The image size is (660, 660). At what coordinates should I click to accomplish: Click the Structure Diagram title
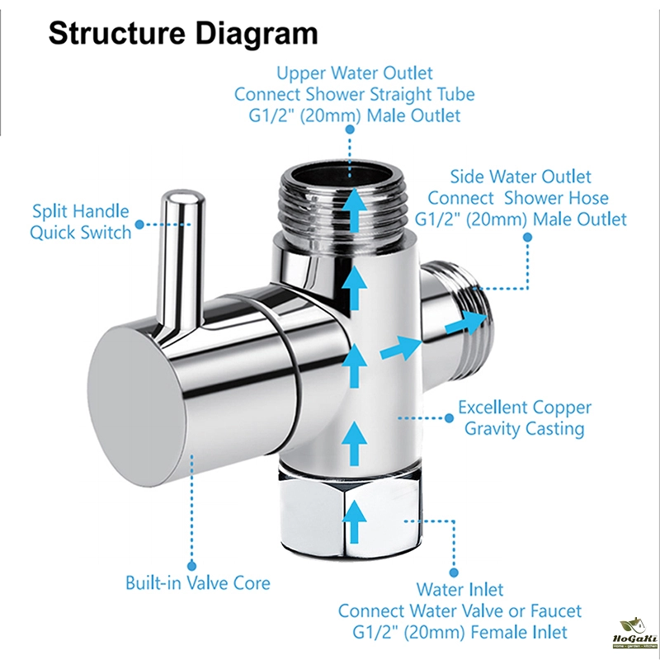(182, 34)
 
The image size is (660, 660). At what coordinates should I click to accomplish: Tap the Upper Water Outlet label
(354, 73)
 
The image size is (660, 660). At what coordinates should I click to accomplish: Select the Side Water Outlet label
(521, 177)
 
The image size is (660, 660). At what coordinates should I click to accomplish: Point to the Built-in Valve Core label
(197, 583)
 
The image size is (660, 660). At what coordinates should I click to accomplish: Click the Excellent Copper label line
(525, 408)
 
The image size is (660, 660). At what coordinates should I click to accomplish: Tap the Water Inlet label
(460, 590)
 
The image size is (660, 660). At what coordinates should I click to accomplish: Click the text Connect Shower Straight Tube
(354, 94)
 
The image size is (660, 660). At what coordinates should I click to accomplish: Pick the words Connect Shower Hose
(518, 198)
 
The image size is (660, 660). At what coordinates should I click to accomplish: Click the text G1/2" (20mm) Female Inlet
(460, 633)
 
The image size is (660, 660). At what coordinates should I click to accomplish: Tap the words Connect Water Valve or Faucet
(460, 611)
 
